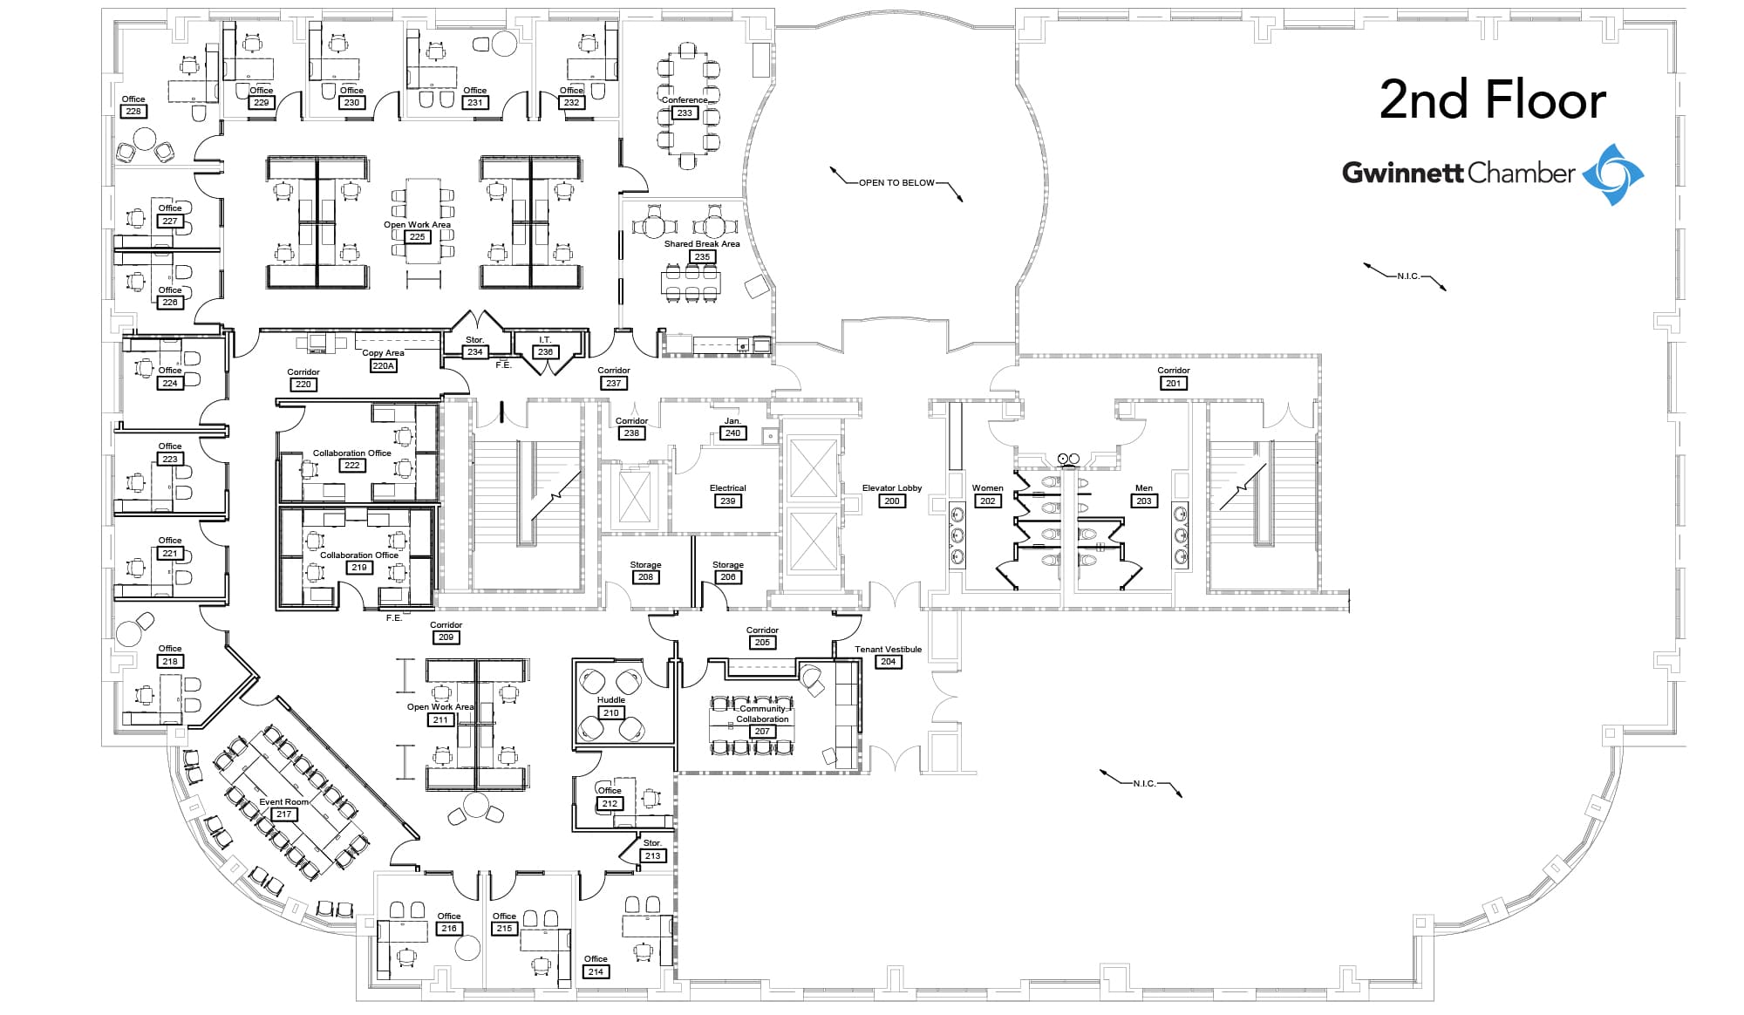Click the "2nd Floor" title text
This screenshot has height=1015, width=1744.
[1492, 100]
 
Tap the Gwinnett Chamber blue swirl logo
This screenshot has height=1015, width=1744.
[1612, 174]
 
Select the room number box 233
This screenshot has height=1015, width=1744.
[685, 113]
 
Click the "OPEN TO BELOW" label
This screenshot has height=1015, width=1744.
[896, 183]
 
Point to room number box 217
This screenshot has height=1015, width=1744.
[283, 814]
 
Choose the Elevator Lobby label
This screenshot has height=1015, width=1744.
[891, 488]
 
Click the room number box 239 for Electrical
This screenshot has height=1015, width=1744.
[727, 501]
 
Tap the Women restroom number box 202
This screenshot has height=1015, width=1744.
[987, 501]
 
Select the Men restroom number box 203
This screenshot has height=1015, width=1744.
[1143, 501]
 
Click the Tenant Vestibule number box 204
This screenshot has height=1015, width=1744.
[888, 662]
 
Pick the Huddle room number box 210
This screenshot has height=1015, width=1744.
[610, 712]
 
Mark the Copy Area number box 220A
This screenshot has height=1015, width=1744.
[384, 366]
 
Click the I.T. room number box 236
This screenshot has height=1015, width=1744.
[545, 352]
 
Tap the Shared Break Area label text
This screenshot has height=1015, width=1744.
[702, 244]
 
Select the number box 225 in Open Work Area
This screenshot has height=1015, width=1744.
[417, 237]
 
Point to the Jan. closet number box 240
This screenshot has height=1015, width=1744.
[732, 433]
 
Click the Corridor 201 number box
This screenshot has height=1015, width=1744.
[1173, 384]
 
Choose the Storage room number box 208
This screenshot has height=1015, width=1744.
[645, 577]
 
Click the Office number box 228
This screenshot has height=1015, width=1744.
[133, 112]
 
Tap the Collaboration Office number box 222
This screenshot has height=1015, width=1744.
[351, 466]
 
